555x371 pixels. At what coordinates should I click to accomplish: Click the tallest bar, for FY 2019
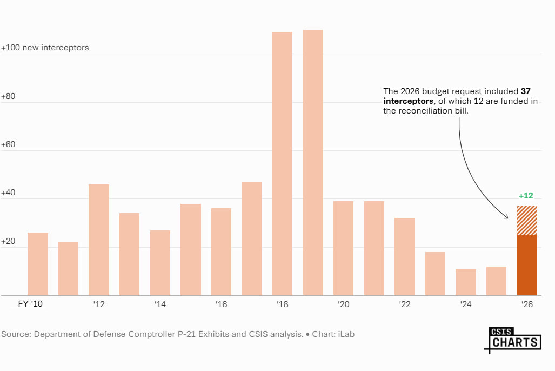tap(313, 162)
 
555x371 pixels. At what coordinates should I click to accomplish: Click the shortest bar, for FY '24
tap(466, 282)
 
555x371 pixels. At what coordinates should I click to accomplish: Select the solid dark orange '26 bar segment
tap(527, 265)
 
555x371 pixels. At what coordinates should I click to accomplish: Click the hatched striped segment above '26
tap(527, 221)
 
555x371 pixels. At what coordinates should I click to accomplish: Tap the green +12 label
tap(526, 196)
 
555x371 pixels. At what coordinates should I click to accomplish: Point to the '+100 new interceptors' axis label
tap(45, 48)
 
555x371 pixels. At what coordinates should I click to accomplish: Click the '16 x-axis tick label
tap(221, 304)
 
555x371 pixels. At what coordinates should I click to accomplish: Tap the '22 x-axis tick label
tap(405, 304)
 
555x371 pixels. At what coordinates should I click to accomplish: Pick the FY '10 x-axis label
tap(30, 304)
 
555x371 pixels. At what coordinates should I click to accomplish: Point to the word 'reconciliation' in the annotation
tap(422, 110)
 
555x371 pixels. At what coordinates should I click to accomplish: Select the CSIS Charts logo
tap(513, 340)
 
